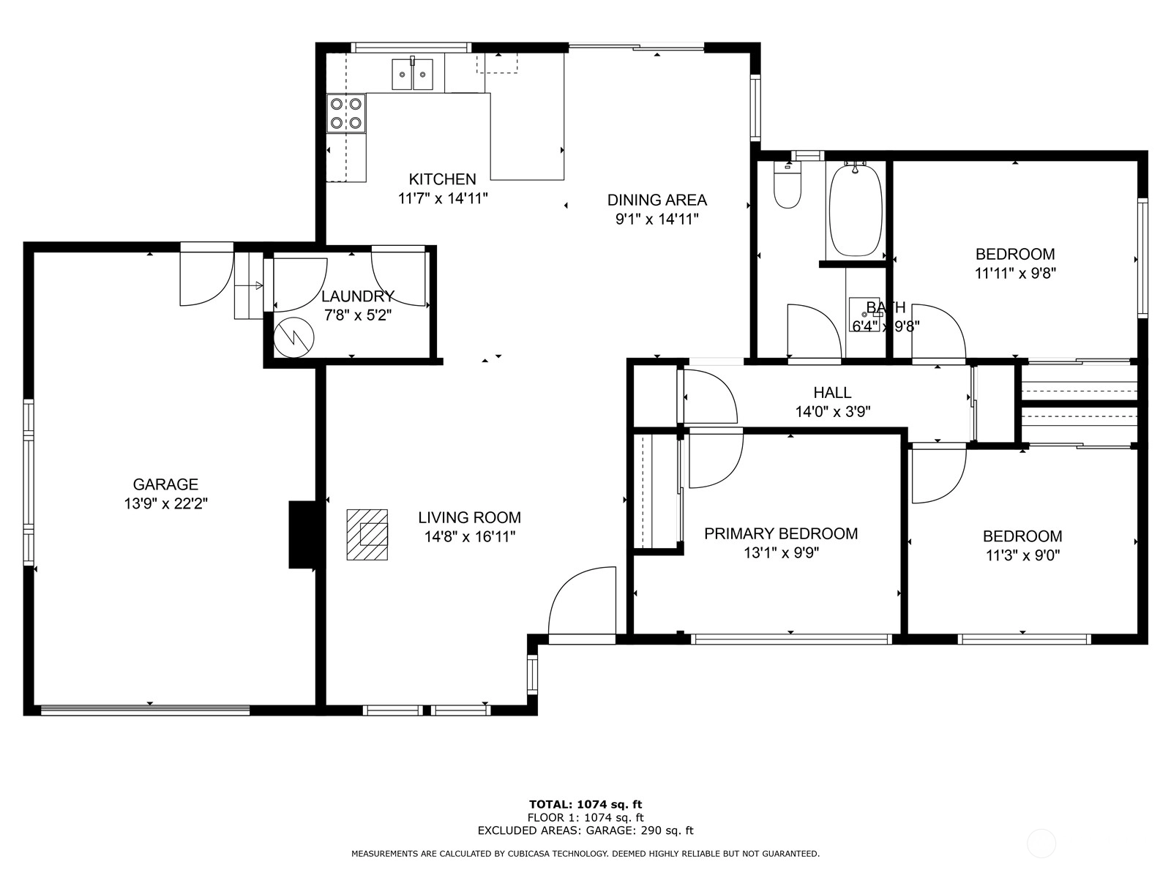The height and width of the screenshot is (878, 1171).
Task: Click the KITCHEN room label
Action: click(442, 179)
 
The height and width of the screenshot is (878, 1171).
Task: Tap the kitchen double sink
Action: click(412, 75)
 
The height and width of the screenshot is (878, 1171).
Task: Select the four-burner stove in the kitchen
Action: click(346, 113)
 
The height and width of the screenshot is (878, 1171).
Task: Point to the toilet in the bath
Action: click(787, 186)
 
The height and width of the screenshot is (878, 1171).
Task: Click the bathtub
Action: click(855, 210)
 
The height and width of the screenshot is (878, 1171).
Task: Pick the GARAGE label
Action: click(165, 484)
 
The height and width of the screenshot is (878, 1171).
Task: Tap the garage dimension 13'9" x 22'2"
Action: click(166, 503)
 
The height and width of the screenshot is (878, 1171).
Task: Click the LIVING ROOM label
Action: click(469, 517)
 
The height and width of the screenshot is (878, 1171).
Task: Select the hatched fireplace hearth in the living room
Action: click(367, 535)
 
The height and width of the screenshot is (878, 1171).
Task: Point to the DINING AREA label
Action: click(657, 200)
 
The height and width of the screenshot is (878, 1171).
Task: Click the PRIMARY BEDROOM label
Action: click(781, 533)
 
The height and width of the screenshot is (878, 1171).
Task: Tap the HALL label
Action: click(832, 393)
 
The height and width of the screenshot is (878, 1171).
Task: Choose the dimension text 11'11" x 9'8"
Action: click(1016, 274)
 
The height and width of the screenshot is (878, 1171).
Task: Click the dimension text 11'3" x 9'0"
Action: click(1022, 555)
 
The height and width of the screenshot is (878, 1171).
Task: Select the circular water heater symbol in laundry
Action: click(293, 337)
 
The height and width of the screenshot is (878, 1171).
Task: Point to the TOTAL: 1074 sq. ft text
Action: click(585, 804)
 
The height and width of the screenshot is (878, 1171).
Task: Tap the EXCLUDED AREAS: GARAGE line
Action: click(585, 830)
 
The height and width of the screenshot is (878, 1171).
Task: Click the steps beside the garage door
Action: click(249, 286)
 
